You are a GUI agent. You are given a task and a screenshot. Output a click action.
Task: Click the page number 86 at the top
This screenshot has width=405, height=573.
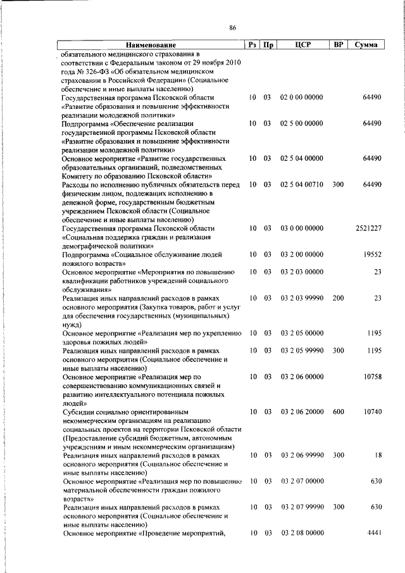tap(232, 28)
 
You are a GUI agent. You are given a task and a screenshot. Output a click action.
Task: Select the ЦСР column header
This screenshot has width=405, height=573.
tap(302, 46)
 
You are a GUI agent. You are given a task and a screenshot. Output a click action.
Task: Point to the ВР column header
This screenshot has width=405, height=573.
tap(338, 46)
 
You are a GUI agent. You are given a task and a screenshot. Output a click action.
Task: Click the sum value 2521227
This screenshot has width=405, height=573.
tap(368, 228)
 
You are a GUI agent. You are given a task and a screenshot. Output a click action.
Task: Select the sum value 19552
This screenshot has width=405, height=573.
tap(371, 254)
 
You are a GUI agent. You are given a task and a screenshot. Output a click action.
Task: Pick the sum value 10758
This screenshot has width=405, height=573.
tap(371, 376)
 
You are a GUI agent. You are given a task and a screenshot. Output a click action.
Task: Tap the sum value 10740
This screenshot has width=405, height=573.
tap(371, 412)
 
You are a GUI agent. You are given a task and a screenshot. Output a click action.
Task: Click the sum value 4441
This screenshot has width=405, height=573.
tap(373, 534)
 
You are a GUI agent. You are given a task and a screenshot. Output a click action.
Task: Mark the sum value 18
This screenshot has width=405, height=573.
tap(377, 455)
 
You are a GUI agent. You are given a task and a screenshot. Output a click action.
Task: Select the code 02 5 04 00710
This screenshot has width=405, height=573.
tap(302, 184)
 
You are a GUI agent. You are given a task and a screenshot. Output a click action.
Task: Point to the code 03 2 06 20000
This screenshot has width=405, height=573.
tap(302, 412)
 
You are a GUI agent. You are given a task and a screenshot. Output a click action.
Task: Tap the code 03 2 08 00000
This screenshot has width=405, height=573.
tap(302, 534)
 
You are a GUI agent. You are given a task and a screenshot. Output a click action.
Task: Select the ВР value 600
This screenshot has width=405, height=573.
tap(338, 412)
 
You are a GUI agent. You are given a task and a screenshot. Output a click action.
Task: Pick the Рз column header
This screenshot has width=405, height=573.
tap(252, 46)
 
